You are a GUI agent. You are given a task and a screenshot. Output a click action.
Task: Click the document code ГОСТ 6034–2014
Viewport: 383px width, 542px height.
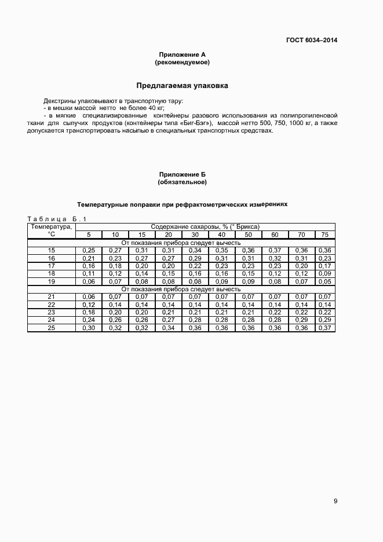311,40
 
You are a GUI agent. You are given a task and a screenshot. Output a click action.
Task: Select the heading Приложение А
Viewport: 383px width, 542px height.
182,54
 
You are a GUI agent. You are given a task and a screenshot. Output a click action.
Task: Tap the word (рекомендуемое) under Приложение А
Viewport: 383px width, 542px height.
182,62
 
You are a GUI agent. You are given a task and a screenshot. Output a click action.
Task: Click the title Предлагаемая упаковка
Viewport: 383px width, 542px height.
182,86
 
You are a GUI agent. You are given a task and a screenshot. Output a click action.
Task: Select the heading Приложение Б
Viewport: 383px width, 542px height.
182,174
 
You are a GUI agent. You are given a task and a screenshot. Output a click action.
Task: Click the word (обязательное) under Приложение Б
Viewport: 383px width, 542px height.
182,182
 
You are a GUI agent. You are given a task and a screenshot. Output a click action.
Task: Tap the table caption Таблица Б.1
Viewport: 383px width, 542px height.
57,219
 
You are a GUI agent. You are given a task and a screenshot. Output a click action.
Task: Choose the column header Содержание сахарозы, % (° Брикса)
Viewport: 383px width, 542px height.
205,226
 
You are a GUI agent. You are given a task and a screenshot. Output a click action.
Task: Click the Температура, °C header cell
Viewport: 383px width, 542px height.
52,230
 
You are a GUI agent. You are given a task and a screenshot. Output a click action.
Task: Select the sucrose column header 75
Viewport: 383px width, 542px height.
324,235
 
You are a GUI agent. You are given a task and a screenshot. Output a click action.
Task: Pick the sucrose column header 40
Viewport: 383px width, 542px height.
221,235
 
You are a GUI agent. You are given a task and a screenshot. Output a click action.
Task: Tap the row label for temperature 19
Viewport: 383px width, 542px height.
52,281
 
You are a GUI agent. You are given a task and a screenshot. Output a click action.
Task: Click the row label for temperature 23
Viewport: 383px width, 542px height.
52,312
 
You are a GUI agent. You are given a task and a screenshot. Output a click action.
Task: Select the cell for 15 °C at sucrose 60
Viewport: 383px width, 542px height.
275,250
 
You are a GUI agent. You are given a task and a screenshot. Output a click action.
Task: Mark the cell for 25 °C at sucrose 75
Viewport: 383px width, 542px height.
324,328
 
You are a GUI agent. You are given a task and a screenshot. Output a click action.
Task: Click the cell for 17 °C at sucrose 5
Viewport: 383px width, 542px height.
89,266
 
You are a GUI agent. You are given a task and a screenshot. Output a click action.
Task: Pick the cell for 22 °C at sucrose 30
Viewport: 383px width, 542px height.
195,305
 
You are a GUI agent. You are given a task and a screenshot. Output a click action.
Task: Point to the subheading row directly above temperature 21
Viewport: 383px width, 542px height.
180,288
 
